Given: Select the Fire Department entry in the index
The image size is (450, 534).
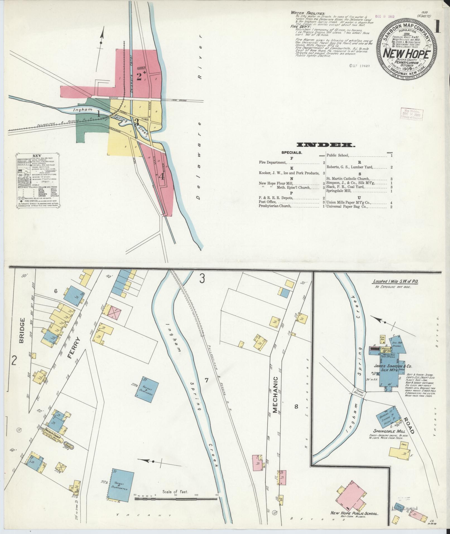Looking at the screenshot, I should click(x=272, y=162).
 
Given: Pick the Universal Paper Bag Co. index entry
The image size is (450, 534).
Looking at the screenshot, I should click(x=346, y=207).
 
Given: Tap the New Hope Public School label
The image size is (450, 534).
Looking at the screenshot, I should click(x=354, y=513).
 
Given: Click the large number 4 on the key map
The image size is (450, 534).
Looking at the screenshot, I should click(x=161, y=176).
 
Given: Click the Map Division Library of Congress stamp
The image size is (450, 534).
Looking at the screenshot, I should click(x=412, y=114).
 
